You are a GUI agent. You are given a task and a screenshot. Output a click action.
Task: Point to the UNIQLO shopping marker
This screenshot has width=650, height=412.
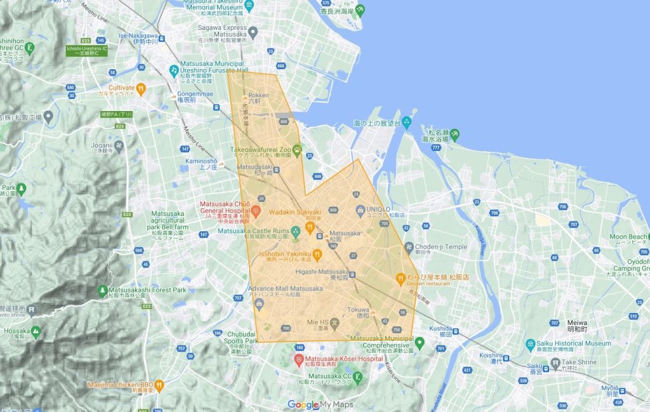[360, 209]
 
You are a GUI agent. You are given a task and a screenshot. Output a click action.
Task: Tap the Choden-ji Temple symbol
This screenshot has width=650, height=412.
[411, 247]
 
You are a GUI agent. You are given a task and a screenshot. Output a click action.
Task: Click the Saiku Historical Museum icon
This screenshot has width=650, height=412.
[531, 345]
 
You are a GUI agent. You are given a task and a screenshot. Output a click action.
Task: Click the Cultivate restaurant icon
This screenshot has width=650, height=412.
[142, 88]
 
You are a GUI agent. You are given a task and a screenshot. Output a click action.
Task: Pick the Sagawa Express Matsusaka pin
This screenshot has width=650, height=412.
[253, 32]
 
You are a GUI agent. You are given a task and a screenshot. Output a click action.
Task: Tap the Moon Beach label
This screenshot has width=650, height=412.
[627, 237]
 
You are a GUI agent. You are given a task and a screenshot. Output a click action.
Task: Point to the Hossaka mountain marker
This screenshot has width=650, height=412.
[36, 331]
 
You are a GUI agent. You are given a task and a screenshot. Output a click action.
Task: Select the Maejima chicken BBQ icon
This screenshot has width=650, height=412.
[159, 385]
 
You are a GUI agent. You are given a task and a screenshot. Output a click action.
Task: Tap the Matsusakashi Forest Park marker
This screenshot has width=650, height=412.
[103, 290]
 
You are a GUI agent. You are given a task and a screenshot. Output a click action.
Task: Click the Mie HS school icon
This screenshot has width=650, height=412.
[334, 323]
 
